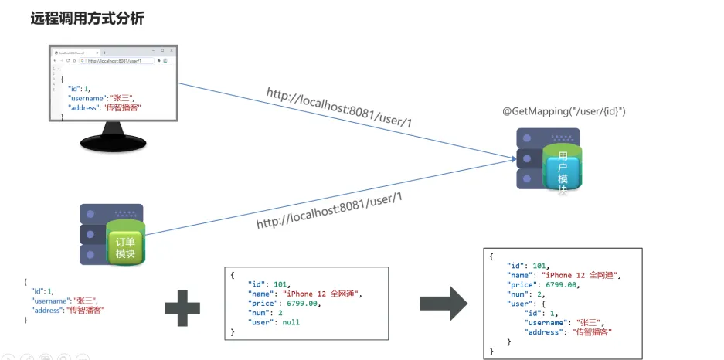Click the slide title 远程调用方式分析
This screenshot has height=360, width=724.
[87, 19]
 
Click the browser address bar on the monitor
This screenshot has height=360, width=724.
[116, 60]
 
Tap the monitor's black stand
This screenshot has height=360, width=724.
[115, 141]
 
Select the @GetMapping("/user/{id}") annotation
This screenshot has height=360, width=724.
[564, 112]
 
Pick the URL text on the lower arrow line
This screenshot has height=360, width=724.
[330, 210]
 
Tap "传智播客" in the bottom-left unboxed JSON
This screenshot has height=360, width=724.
[87, 310]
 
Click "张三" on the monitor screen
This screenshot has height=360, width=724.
[123, 98]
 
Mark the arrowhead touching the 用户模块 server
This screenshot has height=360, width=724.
[513, 159]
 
